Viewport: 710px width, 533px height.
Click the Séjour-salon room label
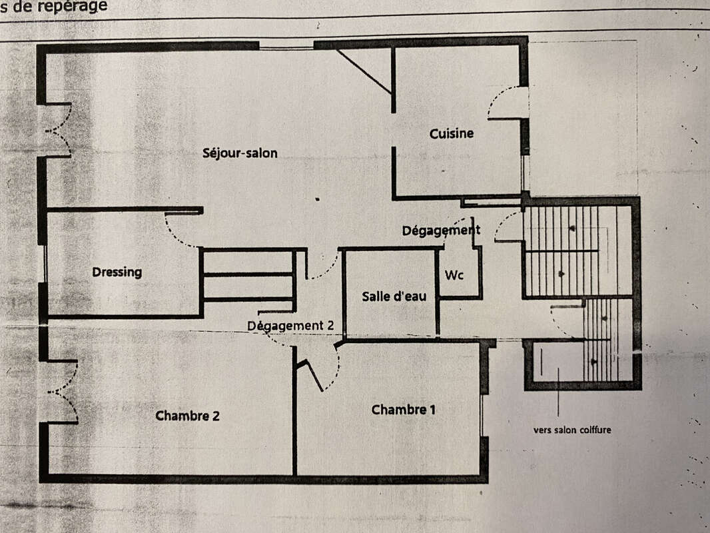(x=240, y=153)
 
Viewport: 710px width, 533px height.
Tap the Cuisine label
(x=452, y=133)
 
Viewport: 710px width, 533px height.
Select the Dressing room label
(x=117, y=272)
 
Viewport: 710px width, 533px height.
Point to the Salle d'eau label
(x=394, y=296)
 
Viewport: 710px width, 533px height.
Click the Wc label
(x=454, y=274)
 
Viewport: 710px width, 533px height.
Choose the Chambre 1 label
(x=404, y=410)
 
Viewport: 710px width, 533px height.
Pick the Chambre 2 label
(x=187, y=416)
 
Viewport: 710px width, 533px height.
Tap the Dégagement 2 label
(x=295, y=326)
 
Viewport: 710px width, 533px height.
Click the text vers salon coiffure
(x=572, y=430)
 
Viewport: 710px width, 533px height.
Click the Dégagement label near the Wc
(x=441, y=231)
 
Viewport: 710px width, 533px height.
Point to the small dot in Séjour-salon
(x=317, y=199)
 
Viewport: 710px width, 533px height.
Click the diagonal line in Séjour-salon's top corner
(x=364, y=71)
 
